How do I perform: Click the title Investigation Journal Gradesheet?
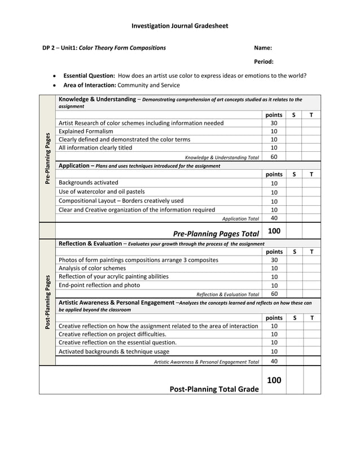[x=179, y=26]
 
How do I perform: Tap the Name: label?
[x=263, y=48]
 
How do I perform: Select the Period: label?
[x=264, y=62]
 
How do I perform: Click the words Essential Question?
[x=89, y=76]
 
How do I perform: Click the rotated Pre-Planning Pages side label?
[x=47, y=159]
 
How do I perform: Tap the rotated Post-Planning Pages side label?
[x=47, y=302]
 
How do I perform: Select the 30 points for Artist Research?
[x=274, y=123]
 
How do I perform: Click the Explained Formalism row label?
[x=86, y=131]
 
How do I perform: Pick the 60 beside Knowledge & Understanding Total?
[x=274, y=157]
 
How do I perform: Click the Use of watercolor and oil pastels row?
[x=102, y=192]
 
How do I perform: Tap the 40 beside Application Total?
[x=274, y=218]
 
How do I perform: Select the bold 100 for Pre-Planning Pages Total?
[x=274, y=231]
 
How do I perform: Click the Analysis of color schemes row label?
[x=93, y=269]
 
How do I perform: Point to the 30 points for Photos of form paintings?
[x=274, y=260]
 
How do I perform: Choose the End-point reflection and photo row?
[x=99, y=285]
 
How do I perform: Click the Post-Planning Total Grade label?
[x=214, y=389]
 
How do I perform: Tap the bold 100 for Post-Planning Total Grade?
[x=274, y=380]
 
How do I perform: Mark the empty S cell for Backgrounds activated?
[x=294, y=183]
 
